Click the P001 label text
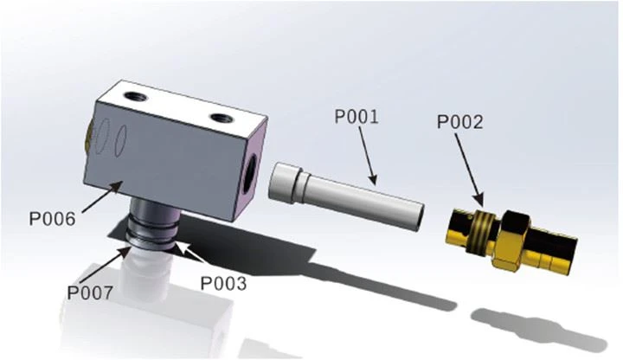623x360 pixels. coord(356,117)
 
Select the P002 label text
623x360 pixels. coord(460,122)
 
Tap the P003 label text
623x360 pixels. coord(223,283)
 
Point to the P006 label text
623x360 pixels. coord(52,219)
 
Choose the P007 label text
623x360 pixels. coord(90,293)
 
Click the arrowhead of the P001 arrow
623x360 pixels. coord(373,180)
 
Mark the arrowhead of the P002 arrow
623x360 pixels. coord(479,201)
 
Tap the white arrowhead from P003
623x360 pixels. coord(180,247)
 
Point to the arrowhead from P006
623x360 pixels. coord(116,186)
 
